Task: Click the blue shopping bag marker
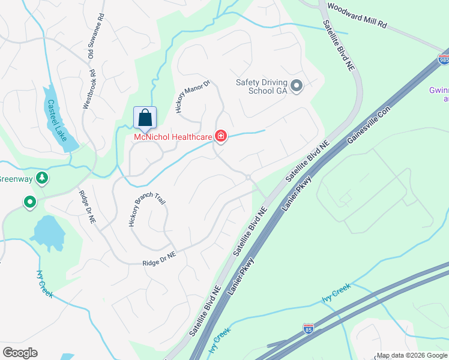point(145,117)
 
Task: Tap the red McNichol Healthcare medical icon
point(221,137)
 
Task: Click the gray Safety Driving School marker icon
point(296,87)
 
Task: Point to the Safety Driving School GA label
point(262,87)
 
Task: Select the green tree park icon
point(41,178)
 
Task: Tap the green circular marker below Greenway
point(29,203)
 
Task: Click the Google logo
point(20,353)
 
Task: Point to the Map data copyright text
point(411,355)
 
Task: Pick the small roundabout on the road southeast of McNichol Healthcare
point(247,176)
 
